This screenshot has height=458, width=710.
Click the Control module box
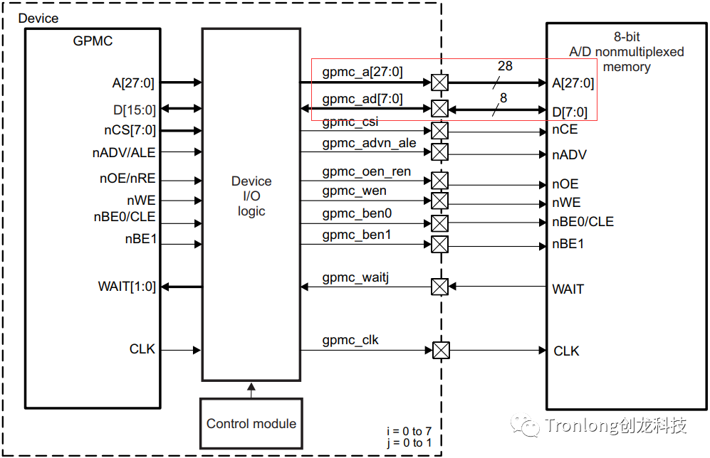tap(251, 424)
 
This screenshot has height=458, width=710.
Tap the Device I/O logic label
tap(251, 196)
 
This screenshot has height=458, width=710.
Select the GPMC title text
tap(93, 41)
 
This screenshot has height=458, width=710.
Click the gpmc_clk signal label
tap(350, 340)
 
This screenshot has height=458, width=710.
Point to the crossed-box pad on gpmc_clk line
tap(442, 351)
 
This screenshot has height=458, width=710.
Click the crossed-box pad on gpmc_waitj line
tap(440, 287)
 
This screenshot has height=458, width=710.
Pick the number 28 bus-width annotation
tap(505, 66)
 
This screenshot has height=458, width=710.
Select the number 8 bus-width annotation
tap(503, 98)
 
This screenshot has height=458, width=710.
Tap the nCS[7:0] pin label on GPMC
tap(129, 130)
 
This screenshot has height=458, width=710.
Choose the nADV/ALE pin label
tap(124, 152)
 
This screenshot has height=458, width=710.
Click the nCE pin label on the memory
tap(565, 130)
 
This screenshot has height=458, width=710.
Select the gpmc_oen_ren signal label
tap(366, 172)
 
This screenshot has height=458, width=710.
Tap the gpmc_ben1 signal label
tap(357, 234)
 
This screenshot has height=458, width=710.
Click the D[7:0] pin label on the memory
tap(570, 112)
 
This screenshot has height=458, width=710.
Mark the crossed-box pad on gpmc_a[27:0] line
tap(440, 82)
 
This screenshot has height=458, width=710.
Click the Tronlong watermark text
tap(616, 426)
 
